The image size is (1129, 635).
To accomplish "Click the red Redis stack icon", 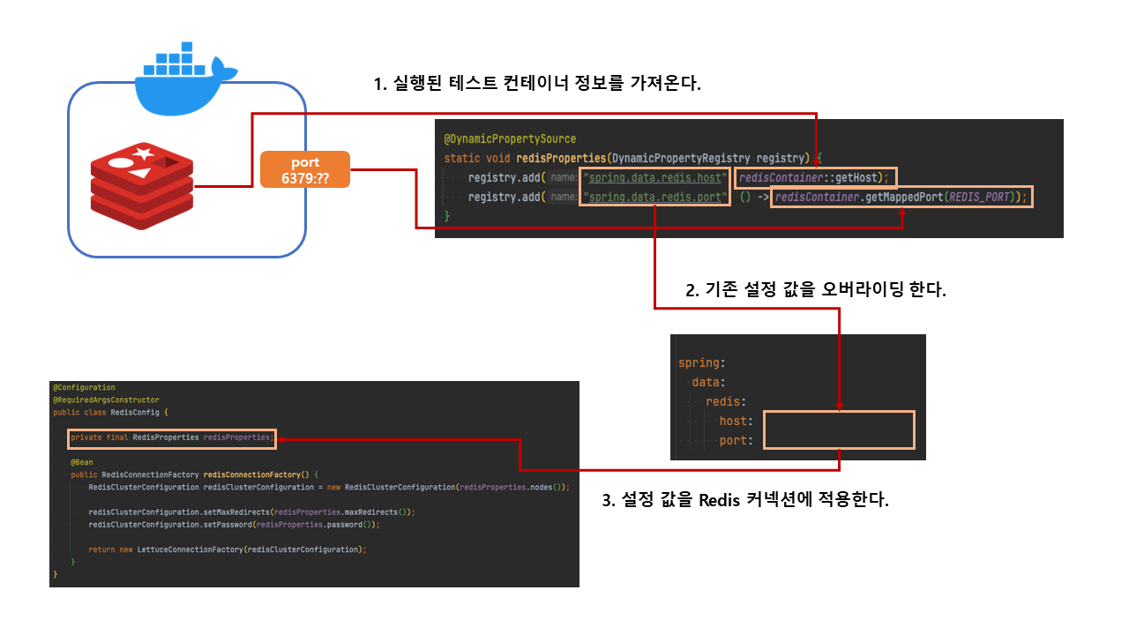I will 141,187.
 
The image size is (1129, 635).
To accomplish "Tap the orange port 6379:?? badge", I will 305,170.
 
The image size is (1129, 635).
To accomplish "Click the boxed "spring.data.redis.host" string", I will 654,177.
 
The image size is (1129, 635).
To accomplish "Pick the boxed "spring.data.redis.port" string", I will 654,197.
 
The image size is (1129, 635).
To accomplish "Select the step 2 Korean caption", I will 815,289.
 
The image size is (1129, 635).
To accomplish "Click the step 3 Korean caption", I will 744,500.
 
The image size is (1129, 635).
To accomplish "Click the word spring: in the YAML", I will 701,362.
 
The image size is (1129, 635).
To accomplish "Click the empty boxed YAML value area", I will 838,430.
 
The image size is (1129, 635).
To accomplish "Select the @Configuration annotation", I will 84,387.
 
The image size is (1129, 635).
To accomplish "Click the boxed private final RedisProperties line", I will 172,437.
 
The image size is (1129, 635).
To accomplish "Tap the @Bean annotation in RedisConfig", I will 82,461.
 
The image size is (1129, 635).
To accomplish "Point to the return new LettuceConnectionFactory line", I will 227,549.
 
